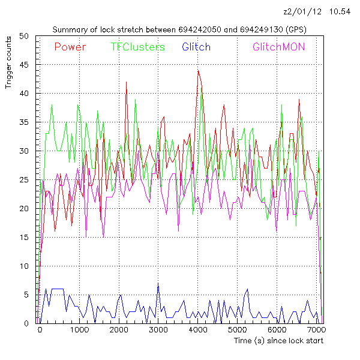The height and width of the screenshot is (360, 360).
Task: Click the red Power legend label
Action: [70, 47]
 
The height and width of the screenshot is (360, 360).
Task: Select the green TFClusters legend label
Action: [137, 47]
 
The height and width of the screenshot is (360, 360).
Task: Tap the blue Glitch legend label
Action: [196, 47]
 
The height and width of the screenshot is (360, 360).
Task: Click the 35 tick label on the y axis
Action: [25, 122]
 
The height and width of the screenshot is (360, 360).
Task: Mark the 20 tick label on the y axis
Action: [25, 209]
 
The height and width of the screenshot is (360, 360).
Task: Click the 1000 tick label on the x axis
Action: [79, 330]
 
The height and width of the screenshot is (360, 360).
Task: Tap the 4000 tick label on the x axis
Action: [197, 330]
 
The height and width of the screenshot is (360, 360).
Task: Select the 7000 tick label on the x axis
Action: [316, 330]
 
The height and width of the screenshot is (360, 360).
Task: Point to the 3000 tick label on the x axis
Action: [158, 330]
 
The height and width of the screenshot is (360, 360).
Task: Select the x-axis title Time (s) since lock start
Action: [278, 341]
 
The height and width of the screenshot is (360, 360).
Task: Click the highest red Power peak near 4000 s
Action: [198, 70]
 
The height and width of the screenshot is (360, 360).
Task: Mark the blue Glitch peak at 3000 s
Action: [158, 283]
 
